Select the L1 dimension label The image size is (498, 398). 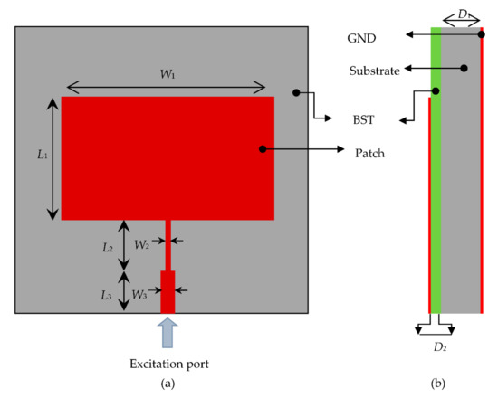(42, 156)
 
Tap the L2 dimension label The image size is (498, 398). (108, 247)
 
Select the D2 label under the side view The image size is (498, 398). (438, 348)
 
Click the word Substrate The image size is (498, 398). (376, 70)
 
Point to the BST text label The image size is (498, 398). (362, 119)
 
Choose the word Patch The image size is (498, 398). (370, 153)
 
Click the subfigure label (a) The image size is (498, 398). (167, 384)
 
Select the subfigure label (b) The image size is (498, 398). (438, 384)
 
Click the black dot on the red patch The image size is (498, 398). (263, 149)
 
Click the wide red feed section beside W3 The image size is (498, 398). (168, 291)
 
